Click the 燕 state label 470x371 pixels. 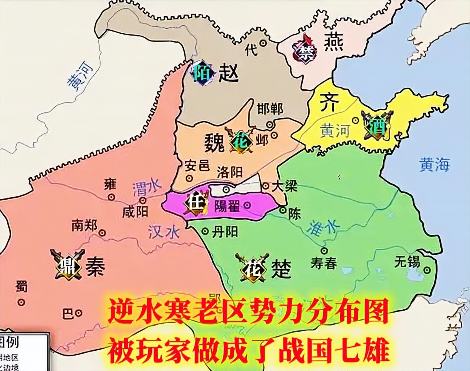334,42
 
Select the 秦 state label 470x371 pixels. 95,268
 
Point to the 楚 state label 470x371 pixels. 282,269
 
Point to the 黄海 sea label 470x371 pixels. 434,164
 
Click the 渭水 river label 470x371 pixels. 147,187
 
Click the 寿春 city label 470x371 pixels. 324,264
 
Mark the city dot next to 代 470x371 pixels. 263,42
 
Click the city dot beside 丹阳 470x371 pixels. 205,232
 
